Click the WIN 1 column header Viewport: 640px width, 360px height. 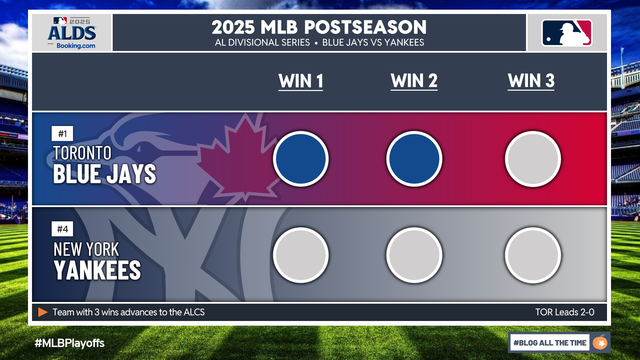tap(301, 81)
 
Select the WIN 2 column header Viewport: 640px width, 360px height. tap(414, 81)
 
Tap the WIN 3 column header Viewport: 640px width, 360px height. tap(531, 81)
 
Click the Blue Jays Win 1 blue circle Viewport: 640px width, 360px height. tap(301, 159)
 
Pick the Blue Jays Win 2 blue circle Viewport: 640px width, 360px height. tap(414, 159)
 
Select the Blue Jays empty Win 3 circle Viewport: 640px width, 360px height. tap(533, 159)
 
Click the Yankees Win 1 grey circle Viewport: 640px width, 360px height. tap(301, 255)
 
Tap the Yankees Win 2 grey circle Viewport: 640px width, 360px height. tap(414, 255)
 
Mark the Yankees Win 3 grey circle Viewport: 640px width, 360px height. tap(533, 255)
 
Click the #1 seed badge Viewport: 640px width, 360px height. tap(62, 133)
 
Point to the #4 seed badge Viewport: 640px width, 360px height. tap(62, 229)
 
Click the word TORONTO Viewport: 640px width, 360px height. tap(82, 153)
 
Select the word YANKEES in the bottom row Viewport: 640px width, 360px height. tap(97, 270)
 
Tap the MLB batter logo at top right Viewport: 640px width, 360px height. tap(567, 33)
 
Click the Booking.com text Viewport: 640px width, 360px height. tap(76, 46)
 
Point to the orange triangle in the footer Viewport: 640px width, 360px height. tap(42, 312)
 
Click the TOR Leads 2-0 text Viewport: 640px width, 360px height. tap(564, 312)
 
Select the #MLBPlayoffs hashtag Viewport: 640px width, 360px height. tap(69, 343)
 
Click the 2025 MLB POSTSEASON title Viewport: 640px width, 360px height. tap(319, 27)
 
